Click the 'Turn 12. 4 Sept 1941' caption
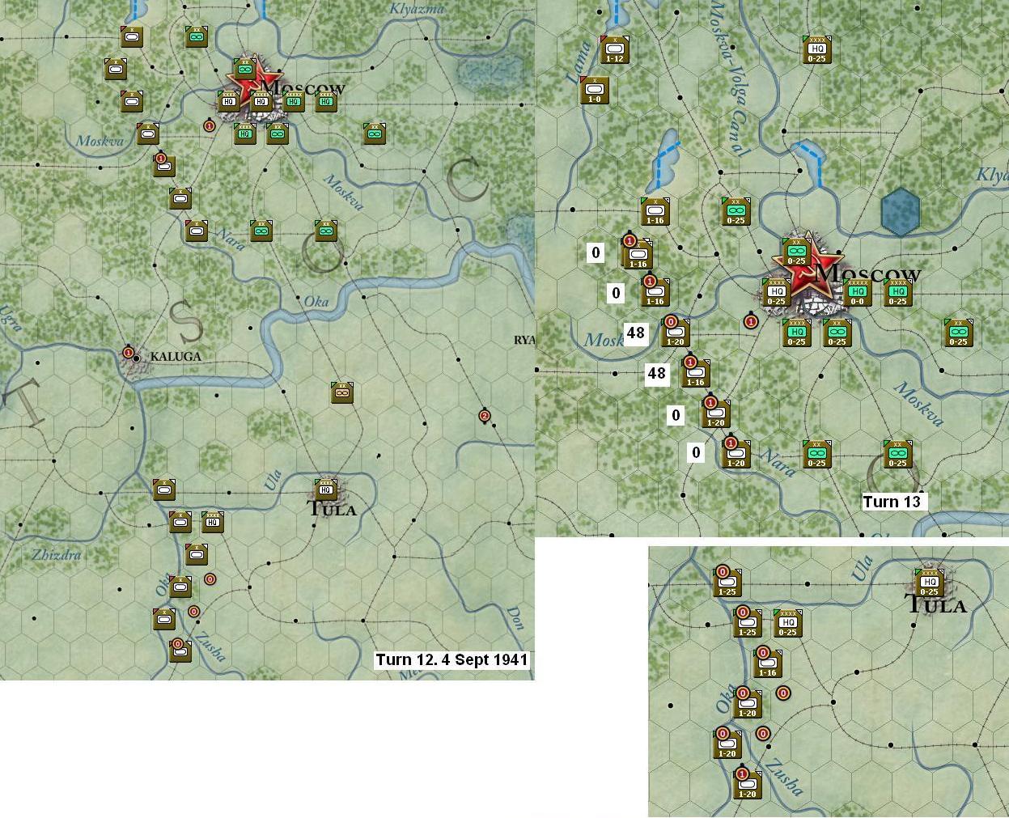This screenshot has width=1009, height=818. [452, 659]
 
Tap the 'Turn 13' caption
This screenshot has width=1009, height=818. [892, 502]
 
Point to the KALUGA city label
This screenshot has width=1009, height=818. [176, 356]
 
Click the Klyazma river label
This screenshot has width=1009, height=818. [418, 9]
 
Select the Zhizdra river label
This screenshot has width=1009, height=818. [57, 555]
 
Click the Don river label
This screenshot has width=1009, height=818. [515, 616]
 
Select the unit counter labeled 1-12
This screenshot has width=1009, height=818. [615, 50]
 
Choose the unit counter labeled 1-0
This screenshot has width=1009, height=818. [595, 90]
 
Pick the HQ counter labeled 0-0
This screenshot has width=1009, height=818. [858, 293]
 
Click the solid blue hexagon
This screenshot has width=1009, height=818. [900, 212]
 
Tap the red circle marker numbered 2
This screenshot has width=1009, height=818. [485, 416]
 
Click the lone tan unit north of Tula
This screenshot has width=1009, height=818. [342, 392]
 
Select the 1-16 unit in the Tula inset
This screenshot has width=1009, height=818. [767, 664]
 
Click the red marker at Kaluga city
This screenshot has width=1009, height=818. [128, 353]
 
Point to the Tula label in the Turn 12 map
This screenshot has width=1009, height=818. [333, 509]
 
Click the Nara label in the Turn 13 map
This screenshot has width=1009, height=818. [778, 466]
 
